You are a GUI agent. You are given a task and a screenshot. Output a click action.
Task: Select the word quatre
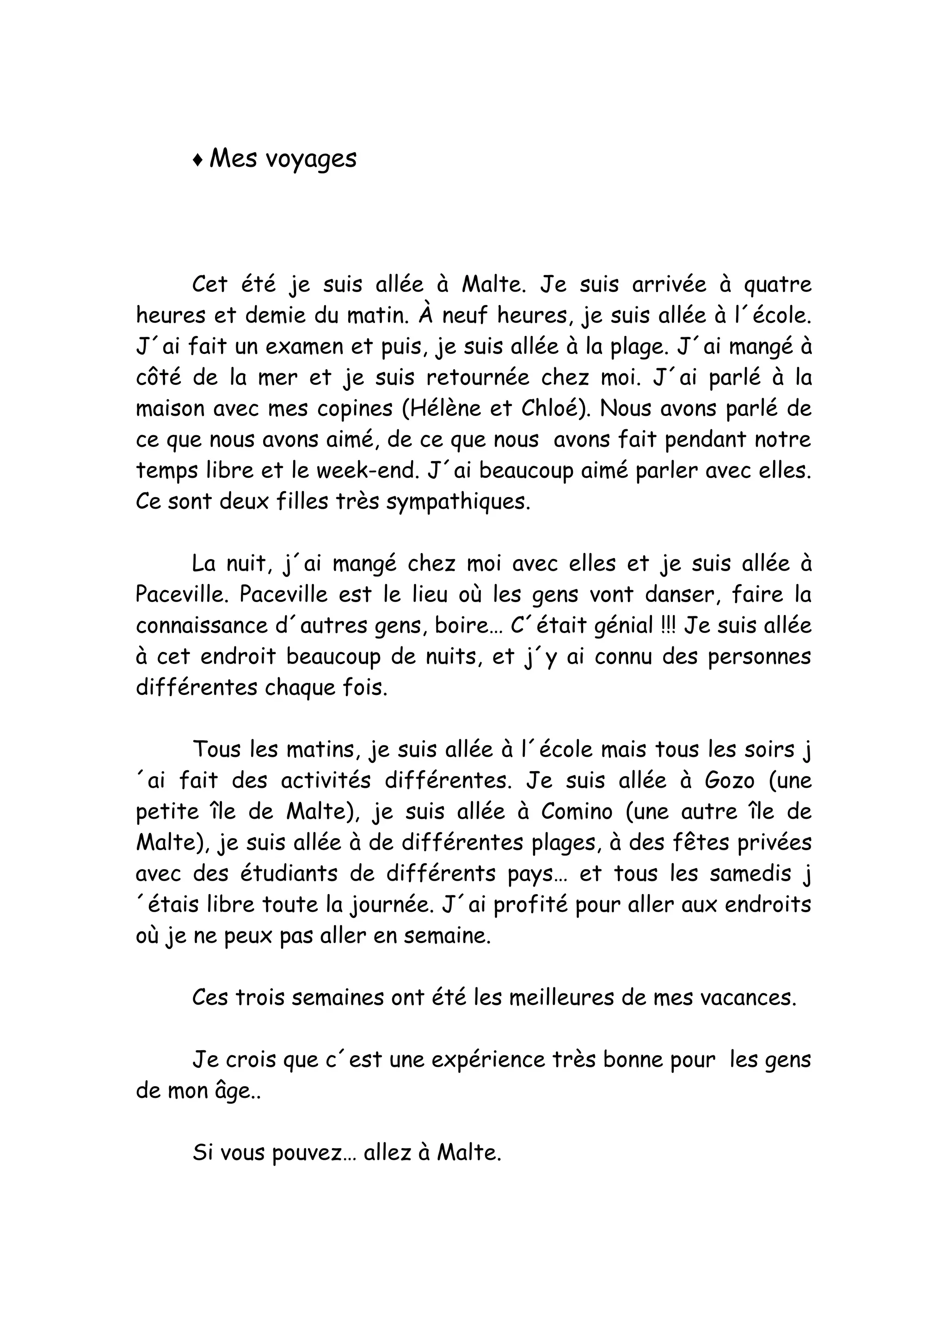(778, 285)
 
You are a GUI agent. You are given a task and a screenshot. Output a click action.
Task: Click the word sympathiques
(459, 502)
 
